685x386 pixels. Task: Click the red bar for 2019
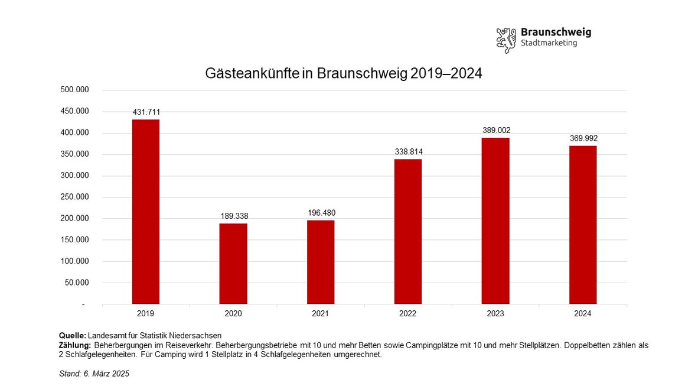pyautogui.click(x=146, y=212)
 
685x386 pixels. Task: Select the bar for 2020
pyautogui.click(x=233, y=264)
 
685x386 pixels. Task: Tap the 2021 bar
pyautogui.click(x=321, y=262)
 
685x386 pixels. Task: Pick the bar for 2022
pyautogui.click(x=408, y=231)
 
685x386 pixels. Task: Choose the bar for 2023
pyautogui.click(x=495, y=220)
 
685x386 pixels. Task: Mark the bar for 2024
pyautogui.click(x=583, y=225)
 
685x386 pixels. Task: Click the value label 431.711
pyautogui.click(x=146, y=112)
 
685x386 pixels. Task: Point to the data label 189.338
pyautogui.click(x=233, y=216)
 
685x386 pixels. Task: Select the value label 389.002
pyautogui.click(x=495, y=130)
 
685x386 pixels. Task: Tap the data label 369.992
pyautogui.click(x=583, y=138)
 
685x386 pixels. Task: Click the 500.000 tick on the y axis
pyautogui.click(x=74, y=90)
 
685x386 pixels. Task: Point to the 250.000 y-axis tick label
pyautogui.click(x=74, y=197)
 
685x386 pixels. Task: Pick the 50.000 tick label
pyautogui.click(x=76, y=283)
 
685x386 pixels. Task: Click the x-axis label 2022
pyautogui.click(x=408, y=313)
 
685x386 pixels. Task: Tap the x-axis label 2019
pyautogui.click(x=146, y=313)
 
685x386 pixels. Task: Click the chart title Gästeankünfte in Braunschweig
pyautogui.click(x=344, y=73)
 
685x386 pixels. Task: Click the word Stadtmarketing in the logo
pyautogui.click(x=549, y=43)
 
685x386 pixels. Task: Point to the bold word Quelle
pyautogui.click(x=73, y=336)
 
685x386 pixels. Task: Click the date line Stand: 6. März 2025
pyautogui.click(x=94, y=374)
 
